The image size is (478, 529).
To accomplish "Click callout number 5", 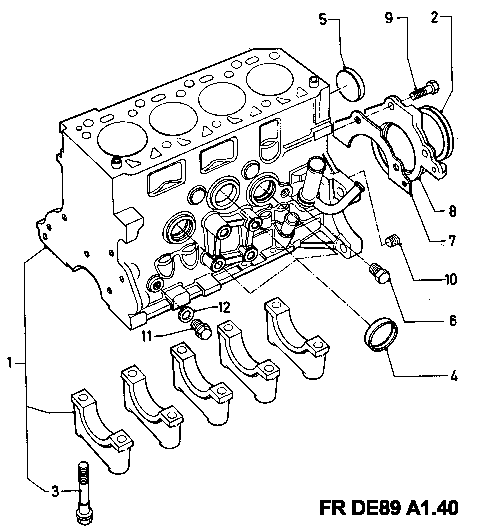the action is (x=323, y=19).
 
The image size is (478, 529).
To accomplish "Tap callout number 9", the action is (x=389, y=18).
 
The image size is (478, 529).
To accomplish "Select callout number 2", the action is (x=435, y=17).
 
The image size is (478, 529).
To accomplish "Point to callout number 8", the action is (x=452, y=211).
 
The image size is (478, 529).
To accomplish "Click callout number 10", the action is (x=451, y=279).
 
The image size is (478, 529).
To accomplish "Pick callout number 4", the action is (x=454, y=375).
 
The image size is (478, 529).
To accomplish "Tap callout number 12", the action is (x=224, y=307).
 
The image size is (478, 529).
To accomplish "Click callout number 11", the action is (x=146, y=336).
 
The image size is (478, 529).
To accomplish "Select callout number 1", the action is (x=10, y=363).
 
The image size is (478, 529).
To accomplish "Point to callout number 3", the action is (x=55, y=491).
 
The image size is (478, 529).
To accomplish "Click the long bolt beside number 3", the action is (x=83, y=493).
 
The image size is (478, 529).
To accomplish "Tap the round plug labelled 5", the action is (x=351, y=84).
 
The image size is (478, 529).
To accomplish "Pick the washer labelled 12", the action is (x=185, y=314).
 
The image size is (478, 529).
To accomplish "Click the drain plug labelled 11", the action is (x=201, y=329).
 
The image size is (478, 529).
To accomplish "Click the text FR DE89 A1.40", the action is (x=389, y=507).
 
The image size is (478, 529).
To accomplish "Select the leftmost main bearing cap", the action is (x=102, y=431).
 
